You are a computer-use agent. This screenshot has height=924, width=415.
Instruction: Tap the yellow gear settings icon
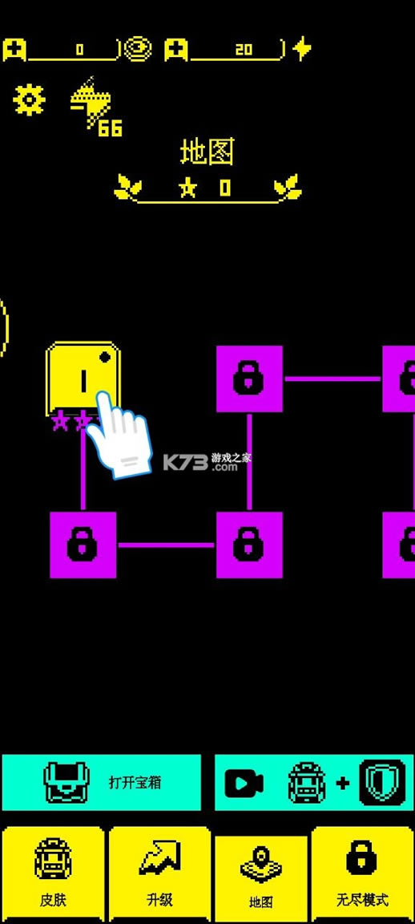click(29, 99)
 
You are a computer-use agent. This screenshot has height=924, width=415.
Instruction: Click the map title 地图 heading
click(207, 152)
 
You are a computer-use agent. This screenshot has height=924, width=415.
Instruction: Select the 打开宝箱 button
click(101, 782)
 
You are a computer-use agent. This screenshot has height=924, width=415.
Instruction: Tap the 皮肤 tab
click(53, 874)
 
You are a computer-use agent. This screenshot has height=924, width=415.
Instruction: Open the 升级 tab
click(159, 874)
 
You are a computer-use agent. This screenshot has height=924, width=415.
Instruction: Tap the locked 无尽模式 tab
click(363, 874)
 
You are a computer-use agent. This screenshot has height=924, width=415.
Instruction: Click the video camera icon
click(244, 783)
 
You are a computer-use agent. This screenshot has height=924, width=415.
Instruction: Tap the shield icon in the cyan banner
click(383, 783)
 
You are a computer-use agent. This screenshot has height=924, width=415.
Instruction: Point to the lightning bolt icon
click(302, 49)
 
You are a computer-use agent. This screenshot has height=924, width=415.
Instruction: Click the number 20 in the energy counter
click(244, 50)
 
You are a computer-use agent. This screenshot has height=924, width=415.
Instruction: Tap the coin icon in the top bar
click(139, 49)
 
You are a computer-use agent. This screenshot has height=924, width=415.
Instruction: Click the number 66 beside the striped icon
click(110, 128)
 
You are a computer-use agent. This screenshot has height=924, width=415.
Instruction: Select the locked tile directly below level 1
click(83, 545)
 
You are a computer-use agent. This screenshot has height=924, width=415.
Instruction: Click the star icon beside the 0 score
click(187, 188)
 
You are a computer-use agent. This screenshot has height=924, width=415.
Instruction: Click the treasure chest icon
click(67, 783)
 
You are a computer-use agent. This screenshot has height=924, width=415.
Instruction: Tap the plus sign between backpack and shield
click(343, 783)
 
